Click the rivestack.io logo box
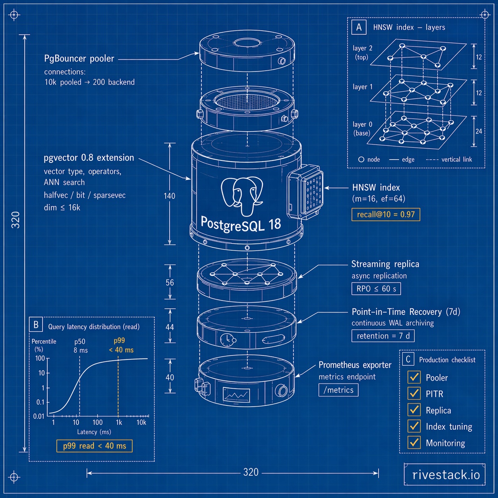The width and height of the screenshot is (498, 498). tap(445, 474)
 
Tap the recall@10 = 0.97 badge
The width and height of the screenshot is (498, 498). tap(386, 214)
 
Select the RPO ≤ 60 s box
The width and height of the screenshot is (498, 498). tap(376, 289)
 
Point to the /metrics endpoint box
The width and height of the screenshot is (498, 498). tap(338, 390)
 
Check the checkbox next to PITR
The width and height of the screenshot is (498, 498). tap(414, 393)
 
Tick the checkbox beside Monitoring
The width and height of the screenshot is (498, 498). tap(414, 442)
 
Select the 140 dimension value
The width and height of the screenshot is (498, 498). tap(170, 196)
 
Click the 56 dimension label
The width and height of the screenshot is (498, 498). tap(170, 282)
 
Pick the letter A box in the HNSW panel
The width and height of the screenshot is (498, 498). tap(359, 27)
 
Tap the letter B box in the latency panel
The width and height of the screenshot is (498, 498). tap(36, 325)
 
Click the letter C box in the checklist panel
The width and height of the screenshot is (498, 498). tap(407, 359)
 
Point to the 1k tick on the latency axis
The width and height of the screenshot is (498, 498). tap(119, 422)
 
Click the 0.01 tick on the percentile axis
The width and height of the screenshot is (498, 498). tap(39, 416)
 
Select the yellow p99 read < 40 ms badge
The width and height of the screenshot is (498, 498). tap(95, 446)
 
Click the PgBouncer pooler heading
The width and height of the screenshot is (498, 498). tap(79, 59)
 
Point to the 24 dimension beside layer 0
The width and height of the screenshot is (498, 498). tap(479, 131)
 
